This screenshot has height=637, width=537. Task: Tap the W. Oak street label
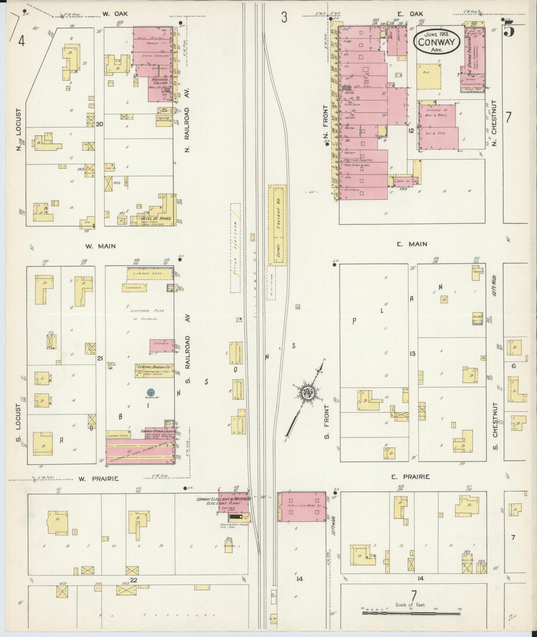pos(115,14)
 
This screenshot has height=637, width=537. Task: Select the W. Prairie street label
pos(98,479)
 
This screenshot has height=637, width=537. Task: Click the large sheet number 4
pos(21,41)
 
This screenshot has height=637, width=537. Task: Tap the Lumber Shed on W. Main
pos(150,274)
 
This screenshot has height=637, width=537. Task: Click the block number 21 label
pos(99,358)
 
